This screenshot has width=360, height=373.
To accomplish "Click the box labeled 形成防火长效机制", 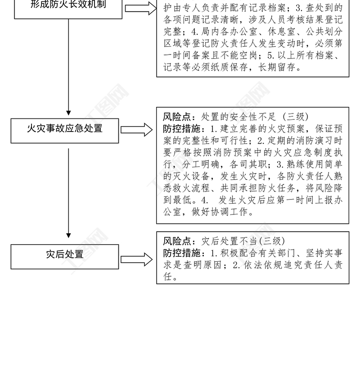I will pyautogui.click(x=68, y=6).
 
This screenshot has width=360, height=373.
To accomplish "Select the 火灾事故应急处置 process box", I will pyautogui.click(x=65, y=129).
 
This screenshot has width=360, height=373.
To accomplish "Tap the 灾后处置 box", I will pyautogui.click(x=65, y=255).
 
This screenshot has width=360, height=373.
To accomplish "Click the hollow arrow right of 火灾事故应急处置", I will pyautogui.click(x=137, y=130).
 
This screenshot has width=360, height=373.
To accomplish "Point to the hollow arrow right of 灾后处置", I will pyautogui.click(x=137, y=259).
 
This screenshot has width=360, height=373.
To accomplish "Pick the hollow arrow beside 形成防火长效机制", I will pyautogui.click(x=139, y=8).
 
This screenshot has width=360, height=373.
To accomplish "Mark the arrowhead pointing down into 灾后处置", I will pyautogui.click(x=68, y=235).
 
